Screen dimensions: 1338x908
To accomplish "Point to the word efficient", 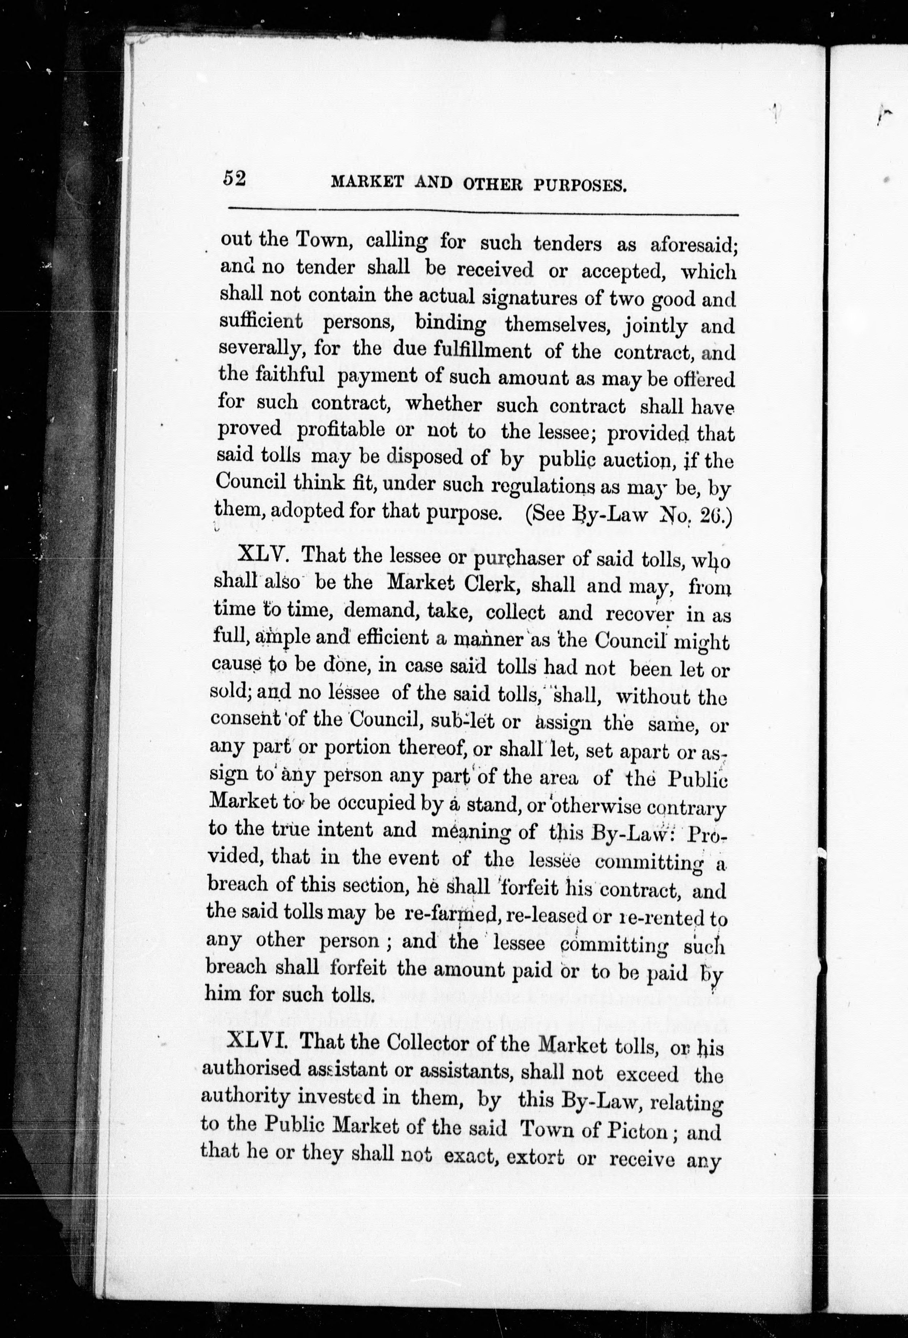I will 393,638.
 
